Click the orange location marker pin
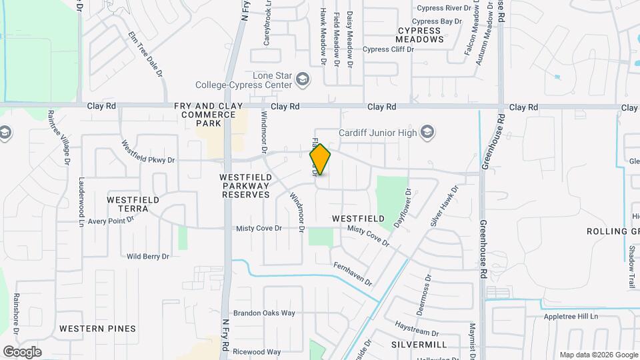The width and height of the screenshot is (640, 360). click(321, 159)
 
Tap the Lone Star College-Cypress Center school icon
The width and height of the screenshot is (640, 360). click(303, 79)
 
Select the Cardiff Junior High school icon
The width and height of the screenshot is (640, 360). click(427, 132)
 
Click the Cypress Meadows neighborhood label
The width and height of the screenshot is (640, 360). click(420, 35)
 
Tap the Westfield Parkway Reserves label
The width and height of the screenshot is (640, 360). click(245, 186)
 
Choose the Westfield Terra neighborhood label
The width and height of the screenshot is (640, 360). click(133, 204)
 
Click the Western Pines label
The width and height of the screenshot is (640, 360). click(97, 329)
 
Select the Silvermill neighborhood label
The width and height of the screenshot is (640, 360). click(419, 345)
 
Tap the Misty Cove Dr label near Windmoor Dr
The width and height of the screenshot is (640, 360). click(259, 229)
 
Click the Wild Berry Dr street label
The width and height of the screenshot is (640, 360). click(148, 256)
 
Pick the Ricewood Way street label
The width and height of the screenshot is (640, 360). click(257, 352)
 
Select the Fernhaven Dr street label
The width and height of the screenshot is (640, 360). click(353, 274)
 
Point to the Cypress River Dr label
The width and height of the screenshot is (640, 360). click(444, 9)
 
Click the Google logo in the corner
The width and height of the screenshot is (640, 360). click(22, 352)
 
